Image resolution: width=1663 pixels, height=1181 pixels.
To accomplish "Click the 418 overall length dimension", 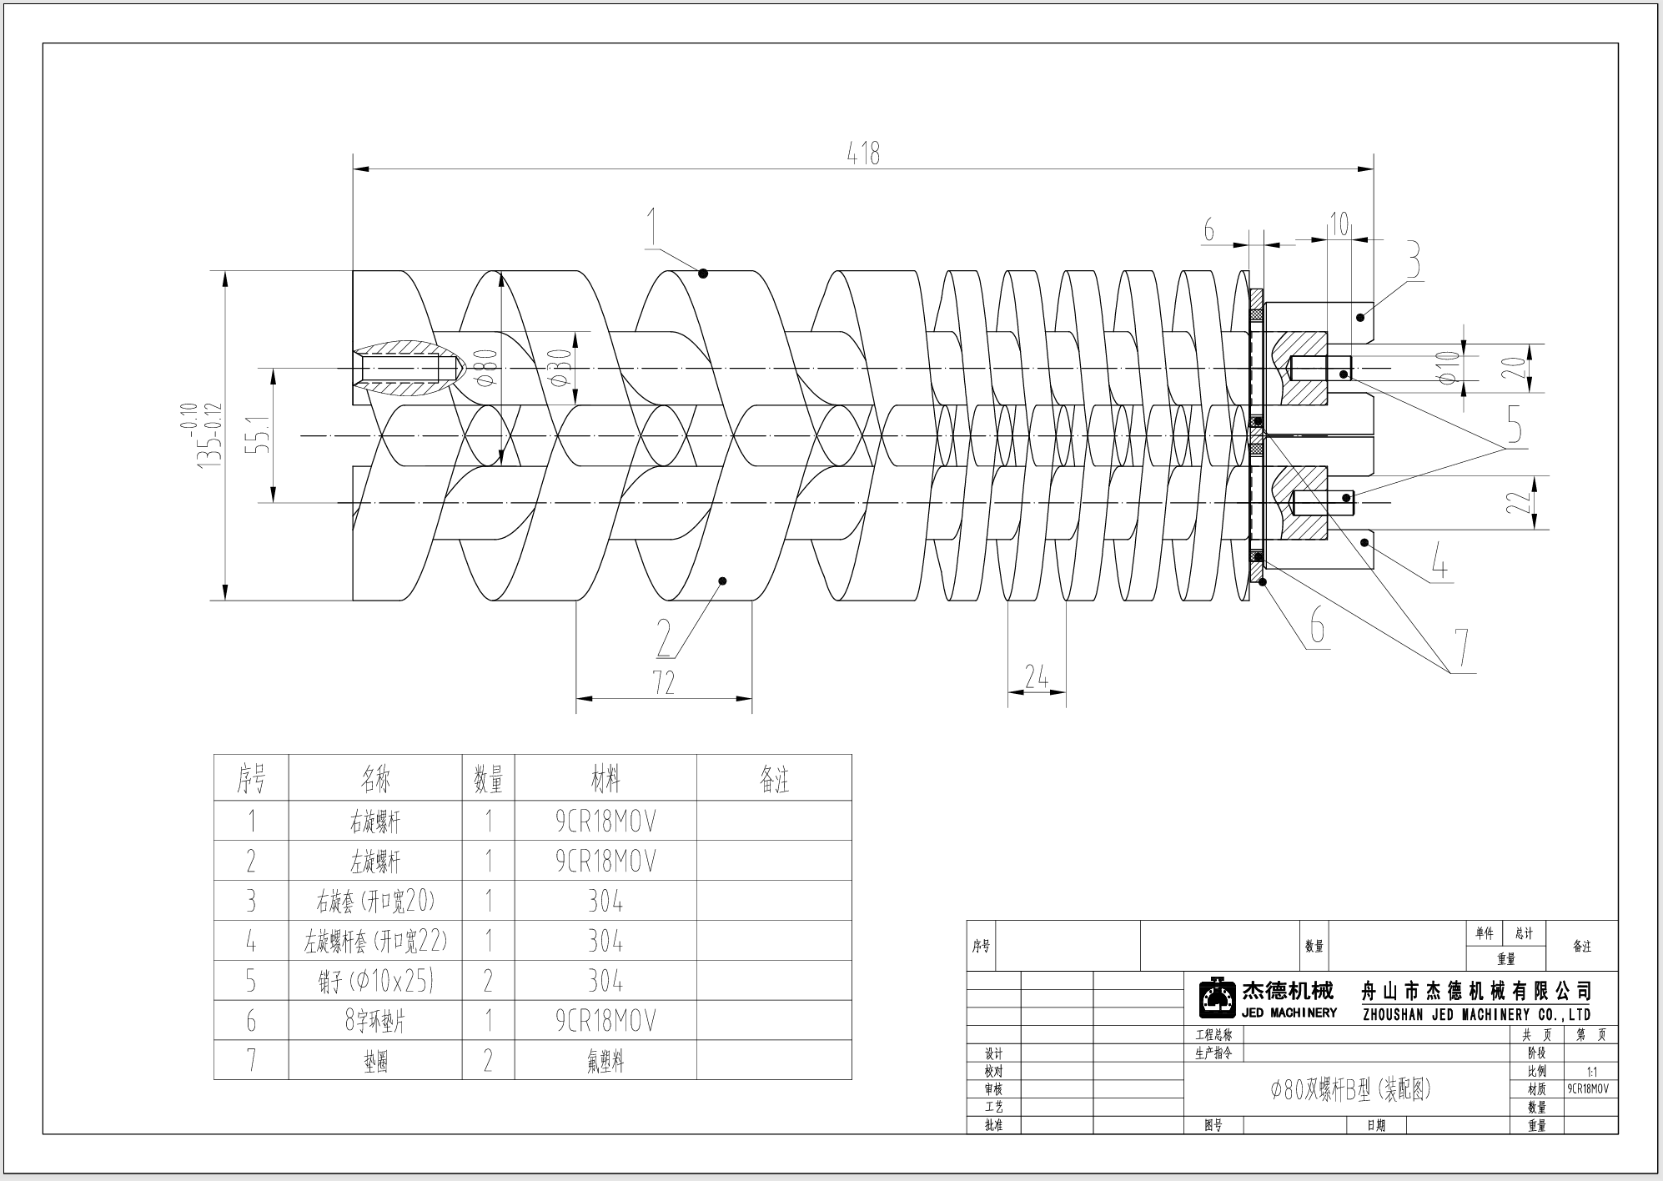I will click(x=863, y=153).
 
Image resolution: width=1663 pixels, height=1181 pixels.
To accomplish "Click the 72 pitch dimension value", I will click(x=663, y=683).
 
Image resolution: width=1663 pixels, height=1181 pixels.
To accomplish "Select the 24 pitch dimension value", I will click(x=1036, y=677).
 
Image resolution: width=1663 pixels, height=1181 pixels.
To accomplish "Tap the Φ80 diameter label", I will click(x=488, y=367).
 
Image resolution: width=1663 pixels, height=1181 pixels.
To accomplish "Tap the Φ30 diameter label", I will click(x=561, y=367).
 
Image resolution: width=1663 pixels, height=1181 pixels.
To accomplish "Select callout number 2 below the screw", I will click(x=664, y=639).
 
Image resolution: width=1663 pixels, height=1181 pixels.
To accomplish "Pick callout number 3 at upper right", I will click(x=1413, y=260).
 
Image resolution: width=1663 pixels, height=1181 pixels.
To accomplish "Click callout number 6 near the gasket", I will click(x=1317, y=625).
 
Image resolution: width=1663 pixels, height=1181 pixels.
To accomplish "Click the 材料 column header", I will click(x=605, y=779).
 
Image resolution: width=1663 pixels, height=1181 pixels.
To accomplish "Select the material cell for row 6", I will click(x=605, y=1020).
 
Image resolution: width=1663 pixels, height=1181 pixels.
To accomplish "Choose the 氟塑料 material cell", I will click(x=605, y=1061).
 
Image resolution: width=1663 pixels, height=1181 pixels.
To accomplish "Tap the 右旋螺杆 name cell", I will click(x=375, y=822).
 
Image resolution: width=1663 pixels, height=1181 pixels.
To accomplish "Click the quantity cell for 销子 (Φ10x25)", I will click(x=489, y=981).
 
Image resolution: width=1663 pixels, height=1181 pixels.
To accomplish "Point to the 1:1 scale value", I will click(x=1591, y=1072).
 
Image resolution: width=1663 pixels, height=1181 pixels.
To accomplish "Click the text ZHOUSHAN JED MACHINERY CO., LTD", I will click(x=1476, y=1015).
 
